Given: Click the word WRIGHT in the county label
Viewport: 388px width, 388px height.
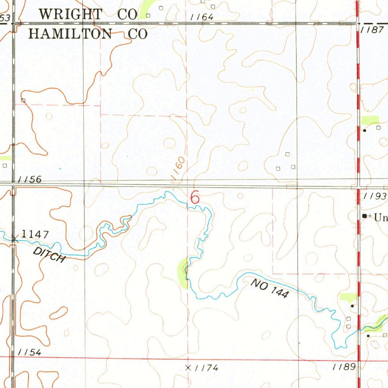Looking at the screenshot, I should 71,14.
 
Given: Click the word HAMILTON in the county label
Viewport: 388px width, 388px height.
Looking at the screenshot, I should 71,34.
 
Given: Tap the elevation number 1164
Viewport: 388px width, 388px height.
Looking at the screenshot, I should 202,17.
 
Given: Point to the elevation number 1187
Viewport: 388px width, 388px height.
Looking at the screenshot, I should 372,30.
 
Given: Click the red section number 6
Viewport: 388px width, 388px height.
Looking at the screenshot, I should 195,197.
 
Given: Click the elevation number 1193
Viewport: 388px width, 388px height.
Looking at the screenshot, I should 375,196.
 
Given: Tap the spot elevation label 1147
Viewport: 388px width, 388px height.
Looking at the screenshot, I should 34,235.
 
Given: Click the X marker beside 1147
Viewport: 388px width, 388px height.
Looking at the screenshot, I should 14,239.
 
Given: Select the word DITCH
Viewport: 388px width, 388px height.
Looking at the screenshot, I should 50,254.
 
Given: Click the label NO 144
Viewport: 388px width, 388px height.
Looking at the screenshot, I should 269,288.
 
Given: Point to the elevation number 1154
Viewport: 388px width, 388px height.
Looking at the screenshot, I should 30,352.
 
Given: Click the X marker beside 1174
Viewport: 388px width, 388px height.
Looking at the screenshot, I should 188,367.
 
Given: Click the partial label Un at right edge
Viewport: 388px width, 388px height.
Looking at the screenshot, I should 380,217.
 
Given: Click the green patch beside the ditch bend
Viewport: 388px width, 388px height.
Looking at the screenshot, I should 182,272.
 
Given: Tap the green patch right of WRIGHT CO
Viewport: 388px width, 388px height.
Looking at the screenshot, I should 145,9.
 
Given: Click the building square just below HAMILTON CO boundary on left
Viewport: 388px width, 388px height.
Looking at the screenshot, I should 23,100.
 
